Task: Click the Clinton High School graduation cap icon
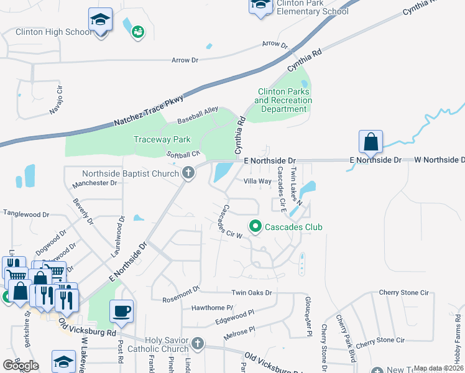100,19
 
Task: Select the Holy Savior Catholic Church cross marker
198,343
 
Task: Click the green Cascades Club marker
254,227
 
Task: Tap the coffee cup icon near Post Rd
121,310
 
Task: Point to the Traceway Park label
162,139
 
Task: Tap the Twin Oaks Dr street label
252,293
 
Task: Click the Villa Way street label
257,181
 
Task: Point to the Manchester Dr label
94,183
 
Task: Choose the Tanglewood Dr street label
26,214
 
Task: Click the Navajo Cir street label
57,104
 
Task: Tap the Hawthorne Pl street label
212,308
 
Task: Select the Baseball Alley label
198,114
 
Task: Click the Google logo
21,366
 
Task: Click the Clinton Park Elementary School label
312,7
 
